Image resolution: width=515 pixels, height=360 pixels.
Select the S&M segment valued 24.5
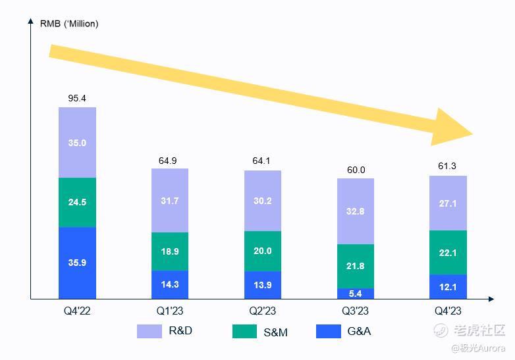tap(77, 203)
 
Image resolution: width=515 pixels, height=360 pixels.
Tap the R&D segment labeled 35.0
tap(77, 142)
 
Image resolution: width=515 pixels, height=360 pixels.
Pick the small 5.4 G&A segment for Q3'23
tap(356, 294)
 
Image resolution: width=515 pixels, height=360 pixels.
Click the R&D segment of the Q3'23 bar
tap(356, 211)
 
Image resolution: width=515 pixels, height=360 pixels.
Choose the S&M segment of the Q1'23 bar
tap(170, 251)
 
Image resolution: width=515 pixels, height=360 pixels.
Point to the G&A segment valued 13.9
tap(263, 285)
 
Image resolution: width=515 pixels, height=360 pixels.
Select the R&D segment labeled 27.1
tap(448, 203)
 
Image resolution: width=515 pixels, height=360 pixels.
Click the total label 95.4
tap(77, 98)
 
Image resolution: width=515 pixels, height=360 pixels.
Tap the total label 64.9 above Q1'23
tap(170, 160)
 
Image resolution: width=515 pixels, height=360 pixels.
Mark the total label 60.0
tap(356, 170)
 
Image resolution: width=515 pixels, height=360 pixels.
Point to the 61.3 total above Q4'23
tap(448, 167)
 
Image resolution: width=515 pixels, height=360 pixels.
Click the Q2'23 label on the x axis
tap(263, 311)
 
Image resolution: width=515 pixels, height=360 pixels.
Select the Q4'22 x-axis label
tap(77, 311)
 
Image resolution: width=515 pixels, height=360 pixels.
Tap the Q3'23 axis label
tap(356, 311)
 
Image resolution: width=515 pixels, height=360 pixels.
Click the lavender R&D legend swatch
tap(149, 331)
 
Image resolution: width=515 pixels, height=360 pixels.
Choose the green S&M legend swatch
tap(245, 331)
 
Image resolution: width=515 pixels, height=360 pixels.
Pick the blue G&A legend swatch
tap(329, 331)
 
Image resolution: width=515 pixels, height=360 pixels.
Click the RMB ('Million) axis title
tap(69, 24)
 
